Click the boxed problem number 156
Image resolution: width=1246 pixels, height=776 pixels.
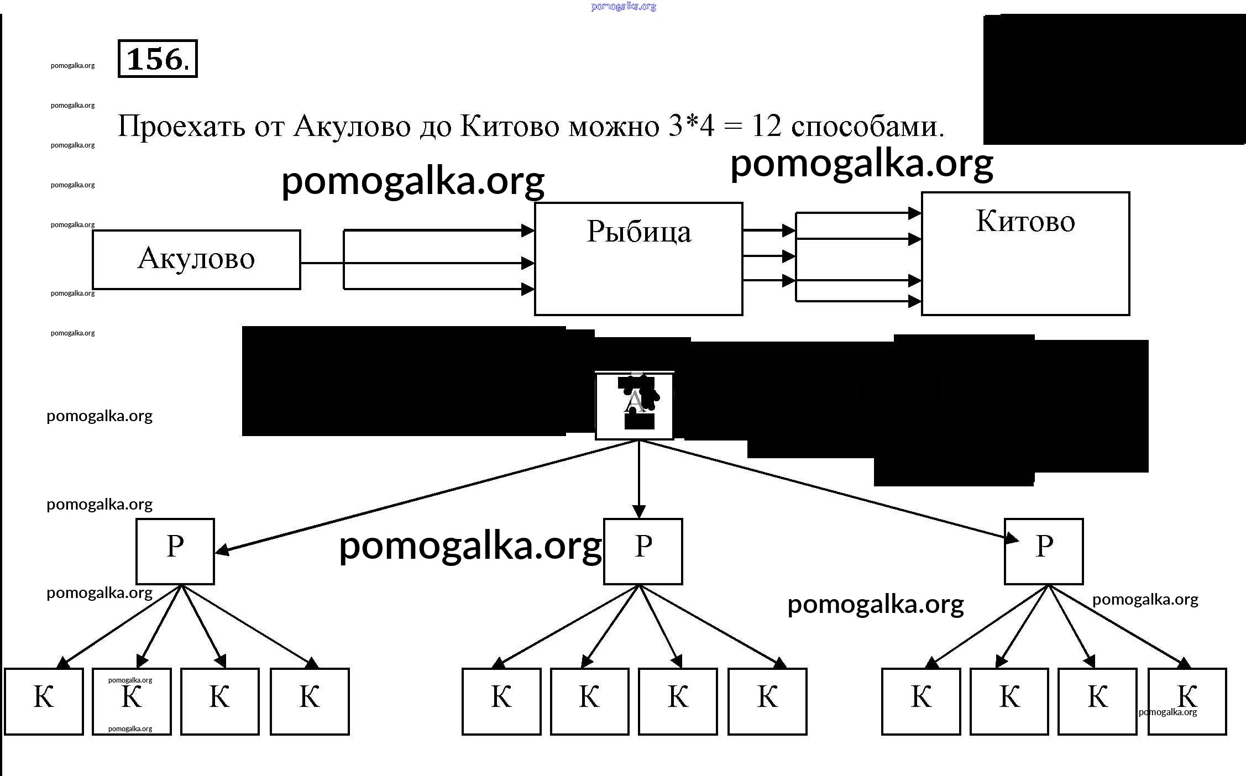pyautogui.click(x=158, y=59)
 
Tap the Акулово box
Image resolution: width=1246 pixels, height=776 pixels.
pyautogui.click(x=196, y=259)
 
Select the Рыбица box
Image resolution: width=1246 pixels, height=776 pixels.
pyautogui.click(x=638, y=259)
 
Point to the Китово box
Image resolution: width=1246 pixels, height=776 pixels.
pyautogui.click(x=1025, y=253)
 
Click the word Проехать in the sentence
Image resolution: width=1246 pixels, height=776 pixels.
pyautogui.click(x=181, y=127)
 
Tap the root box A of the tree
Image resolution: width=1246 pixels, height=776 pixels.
pyautogui.click(x=634, y=406)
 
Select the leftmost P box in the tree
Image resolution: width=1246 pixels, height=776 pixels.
pyautogui.click(x=175, y=551)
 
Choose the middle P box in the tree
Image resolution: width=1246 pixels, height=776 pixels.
pyautogui.click(x=643, y=551)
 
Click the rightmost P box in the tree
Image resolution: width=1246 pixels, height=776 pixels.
pyautogui.click(x=1044, y=551)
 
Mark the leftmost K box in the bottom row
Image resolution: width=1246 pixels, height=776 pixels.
pyautogui.click(x=44, y=701)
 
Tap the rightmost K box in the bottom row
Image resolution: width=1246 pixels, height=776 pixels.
pyautogui.click(x=1187, y=701)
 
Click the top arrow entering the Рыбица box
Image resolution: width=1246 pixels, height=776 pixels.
pyautogui.click(x=437, y=230)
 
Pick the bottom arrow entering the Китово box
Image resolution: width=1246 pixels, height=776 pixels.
pyautogui.click(x=857, y=301)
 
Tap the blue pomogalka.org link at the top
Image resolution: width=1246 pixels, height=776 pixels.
pyautogui.click(x=623, y=7)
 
